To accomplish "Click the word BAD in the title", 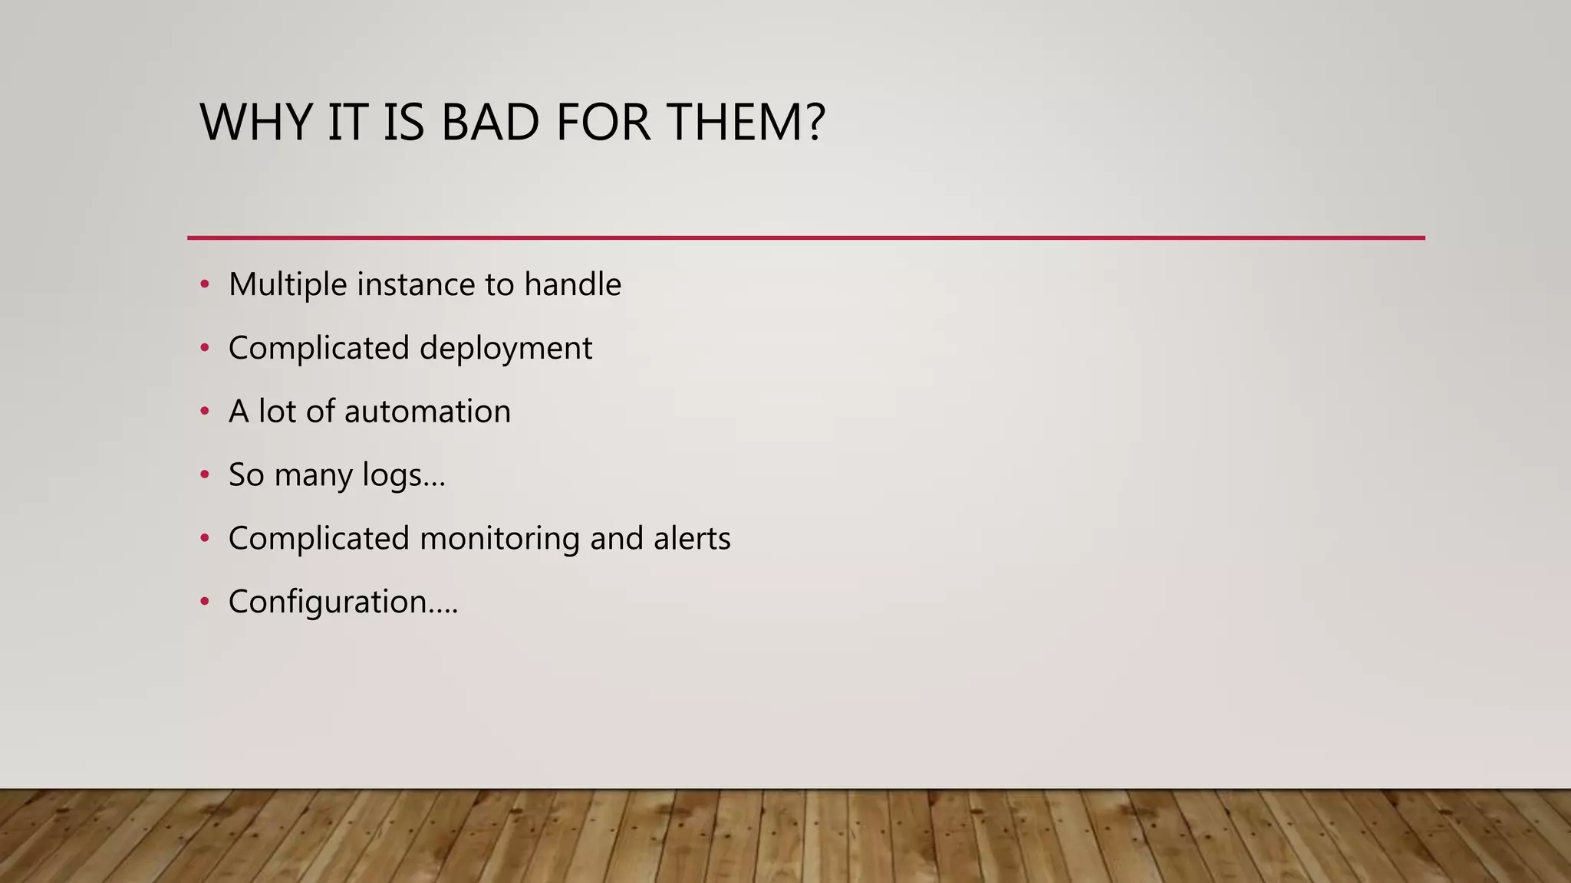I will pyautogui.click(x=489, y=123).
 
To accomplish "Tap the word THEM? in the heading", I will pyautogui.click(x=746, y=123).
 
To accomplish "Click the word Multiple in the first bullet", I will pyautogui.click(x=288, y=285).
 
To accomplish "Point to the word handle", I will pyautogui.click(x=572, y=285).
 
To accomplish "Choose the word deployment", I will pyautogui.click(x=506, y=349).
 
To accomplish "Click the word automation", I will pyautogui.click(x=427, y=412).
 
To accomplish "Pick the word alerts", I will pyautogui.click(x=692, y=539).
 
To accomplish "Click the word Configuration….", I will pyautogui.click(x=343, y=602).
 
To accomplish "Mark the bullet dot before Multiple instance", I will pyautogui.click(x=204, y=285).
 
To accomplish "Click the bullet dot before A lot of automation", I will pyautogui.click(x=204, y=412).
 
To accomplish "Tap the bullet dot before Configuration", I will pyautogui.click(x=204, y=602).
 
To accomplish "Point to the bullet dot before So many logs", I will pyautogui.click(x=204, y=475).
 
